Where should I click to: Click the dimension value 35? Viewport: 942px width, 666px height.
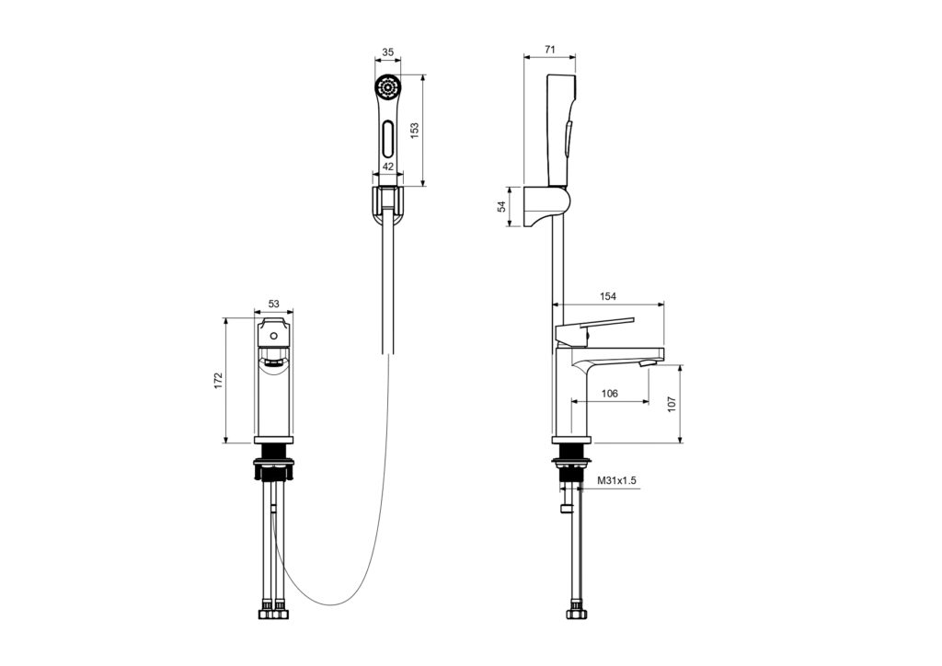(388, 52)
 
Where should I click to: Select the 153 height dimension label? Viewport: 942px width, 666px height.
(414, 131)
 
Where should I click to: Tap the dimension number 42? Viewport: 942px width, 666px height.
(388, 166)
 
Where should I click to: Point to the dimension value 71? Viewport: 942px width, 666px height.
(549, 50)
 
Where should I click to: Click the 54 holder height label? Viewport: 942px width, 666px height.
(501, 207)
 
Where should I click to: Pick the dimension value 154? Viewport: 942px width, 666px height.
(608, 296)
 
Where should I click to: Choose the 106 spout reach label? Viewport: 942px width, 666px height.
(609, 394)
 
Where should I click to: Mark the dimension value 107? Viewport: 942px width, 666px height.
(672, 404)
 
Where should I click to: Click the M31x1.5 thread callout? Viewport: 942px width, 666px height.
(616, 480)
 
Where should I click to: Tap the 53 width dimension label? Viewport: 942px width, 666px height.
(274, 304)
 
